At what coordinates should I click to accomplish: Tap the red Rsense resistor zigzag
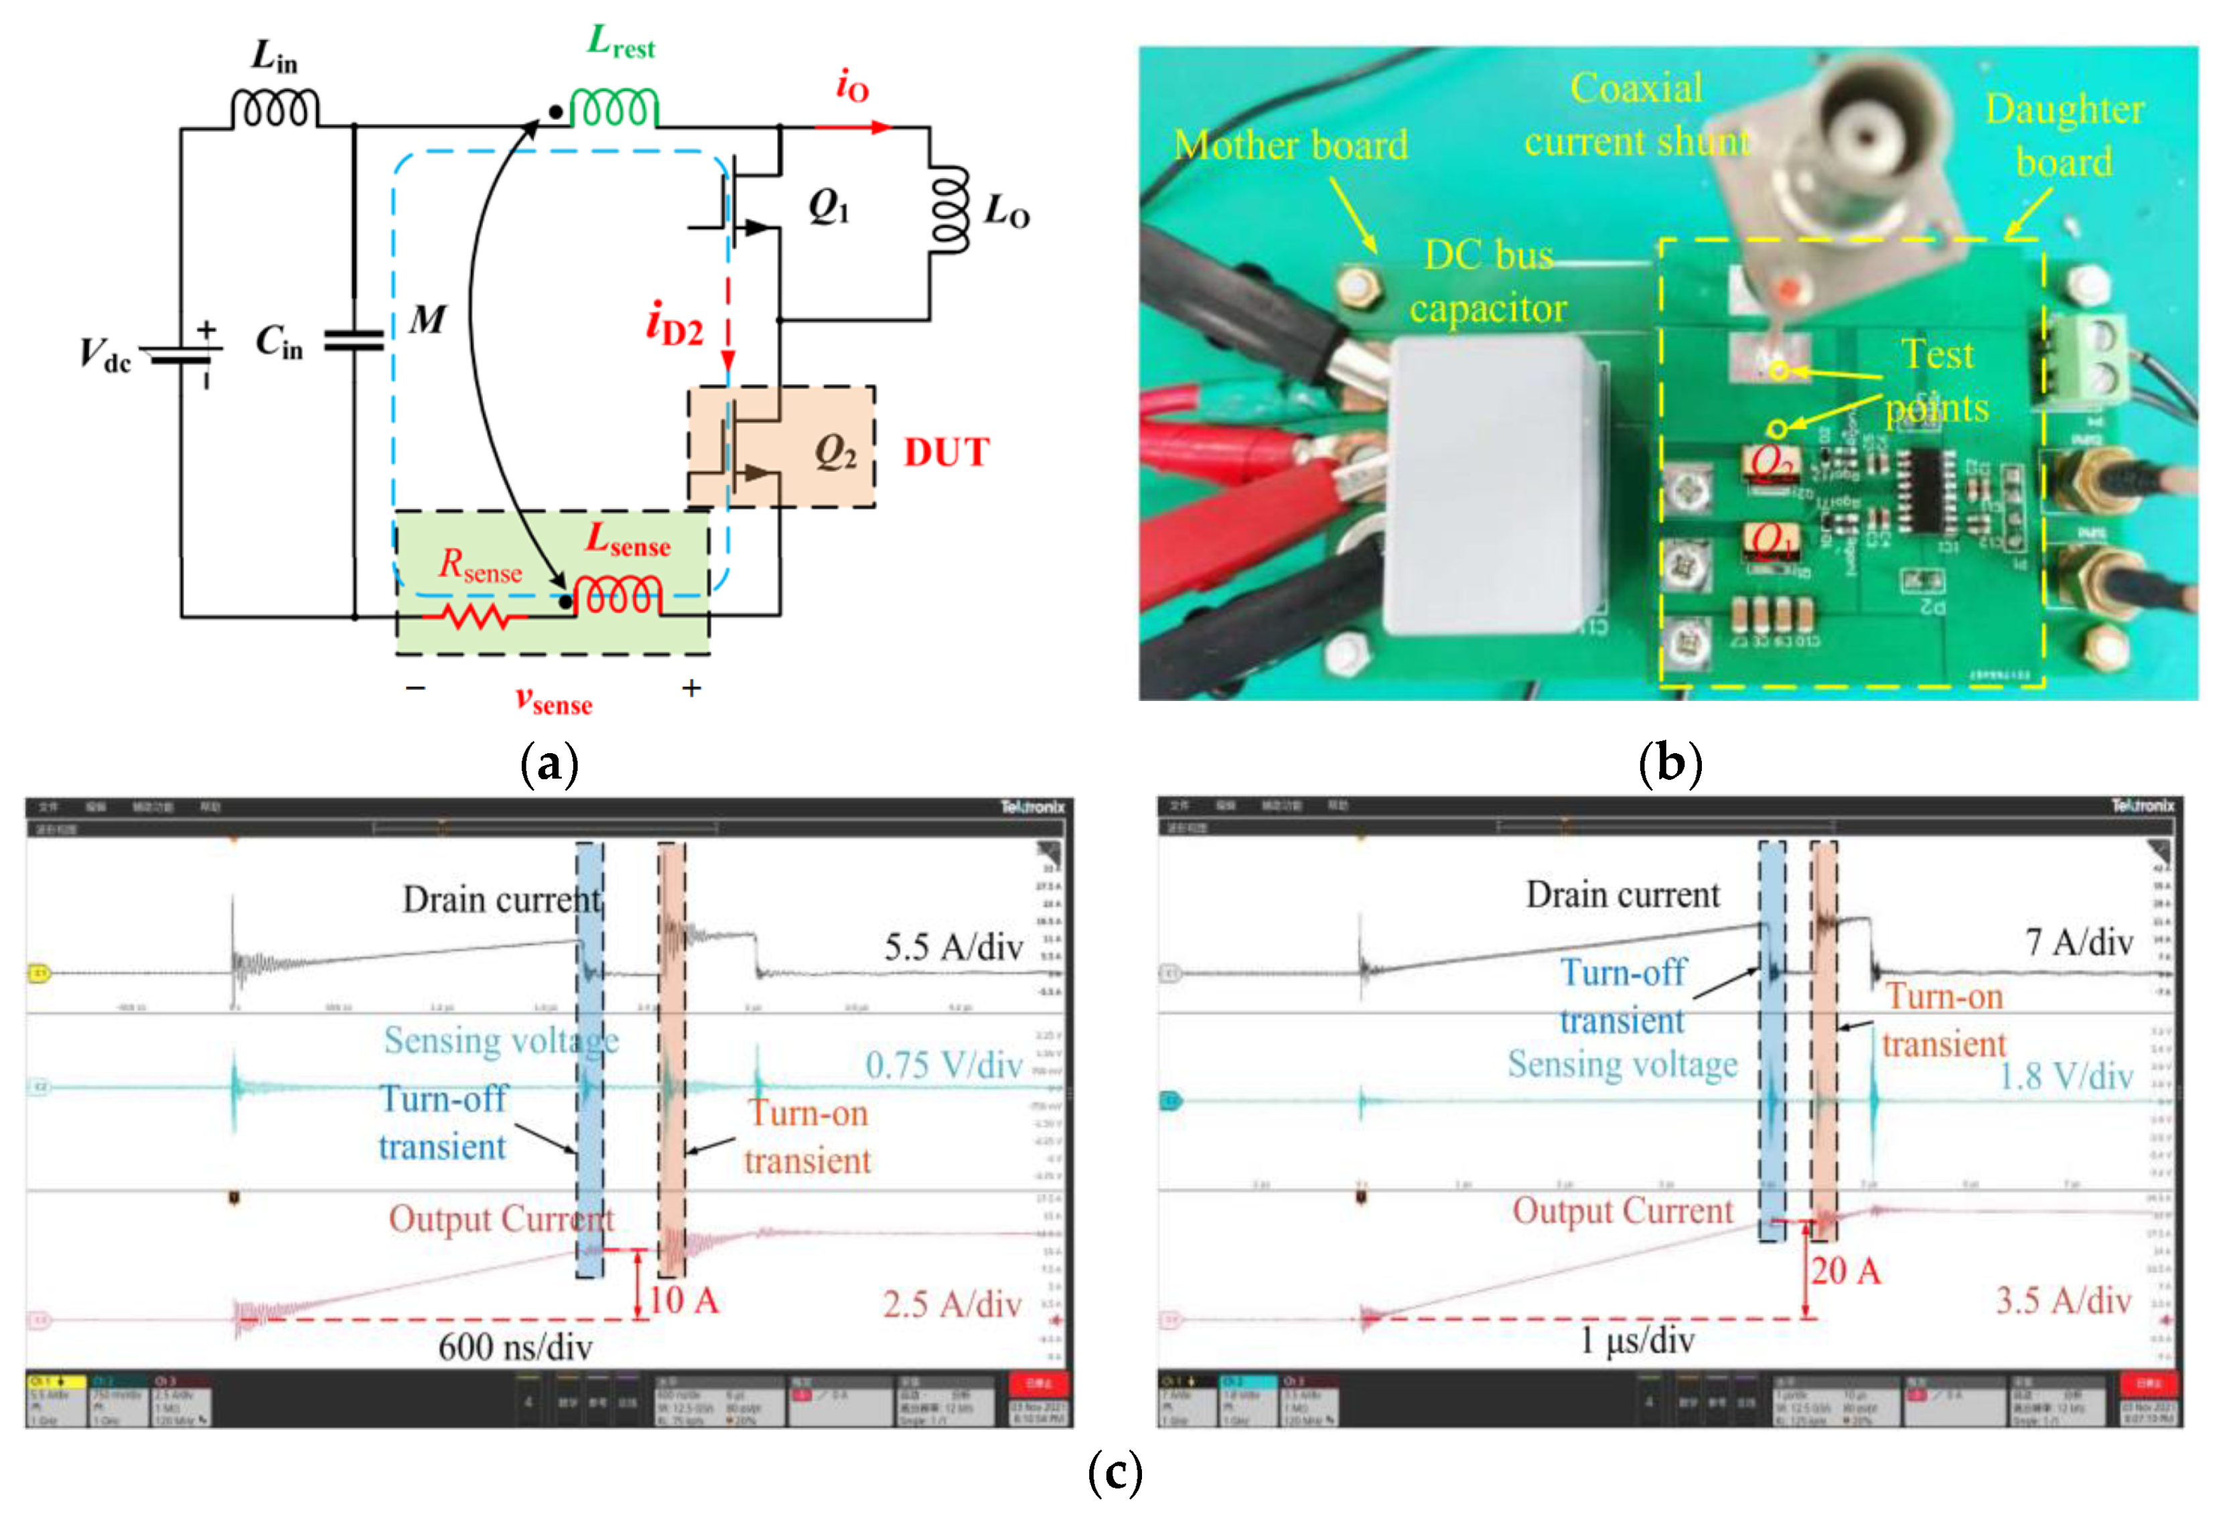point(475,616)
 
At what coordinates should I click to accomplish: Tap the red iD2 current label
point(674,324)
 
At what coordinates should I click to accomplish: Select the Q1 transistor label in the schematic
point(829,206)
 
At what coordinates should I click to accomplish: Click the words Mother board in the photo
point(1290,145)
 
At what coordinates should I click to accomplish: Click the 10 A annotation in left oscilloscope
point(683,1300)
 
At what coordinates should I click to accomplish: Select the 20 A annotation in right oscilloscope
point(1845,1271)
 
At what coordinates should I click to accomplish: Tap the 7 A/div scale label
point(2078,943)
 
